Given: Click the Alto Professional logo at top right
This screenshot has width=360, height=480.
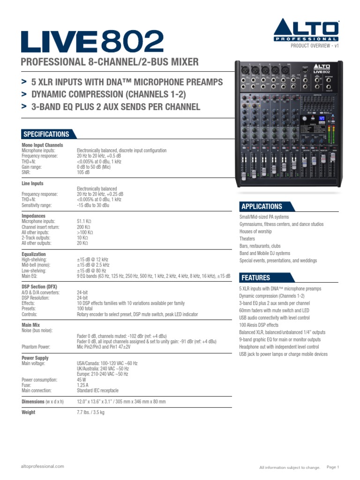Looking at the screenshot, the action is click(x=306, y=30).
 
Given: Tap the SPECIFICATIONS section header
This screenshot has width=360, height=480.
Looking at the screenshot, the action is click(x=46, y=134).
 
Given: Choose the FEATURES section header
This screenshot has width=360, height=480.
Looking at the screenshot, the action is click(x=255, y=277).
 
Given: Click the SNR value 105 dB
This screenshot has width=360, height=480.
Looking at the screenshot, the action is click(x=83, y=172).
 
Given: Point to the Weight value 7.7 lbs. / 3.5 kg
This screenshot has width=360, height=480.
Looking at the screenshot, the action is click(x=90, y=412).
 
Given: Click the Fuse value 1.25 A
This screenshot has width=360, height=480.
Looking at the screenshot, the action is click(x=83, y=385).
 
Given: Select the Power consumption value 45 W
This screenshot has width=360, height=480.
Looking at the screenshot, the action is click(x=82, y=380).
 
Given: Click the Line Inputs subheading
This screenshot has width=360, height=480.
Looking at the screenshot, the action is click(x=32, y=183).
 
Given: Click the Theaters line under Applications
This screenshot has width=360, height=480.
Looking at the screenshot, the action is click(x=247, y=239).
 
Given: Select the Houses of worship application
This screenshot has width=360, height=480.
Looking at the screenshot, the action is click(x=255, y=232).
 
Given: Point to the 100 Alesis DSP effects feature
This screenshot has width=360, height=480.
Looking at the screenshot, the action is click(x=259, y=325).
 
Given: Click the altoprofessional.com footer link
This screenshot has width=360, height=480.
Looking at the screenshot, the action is click(x=43, y=466).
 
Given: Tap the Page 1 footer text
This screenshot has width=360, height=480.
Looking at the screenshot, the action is click(x=332, y=467).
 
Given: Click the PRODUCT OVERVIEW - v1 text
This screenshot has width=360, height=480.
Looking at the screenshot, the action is click(x=314, y=45).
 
